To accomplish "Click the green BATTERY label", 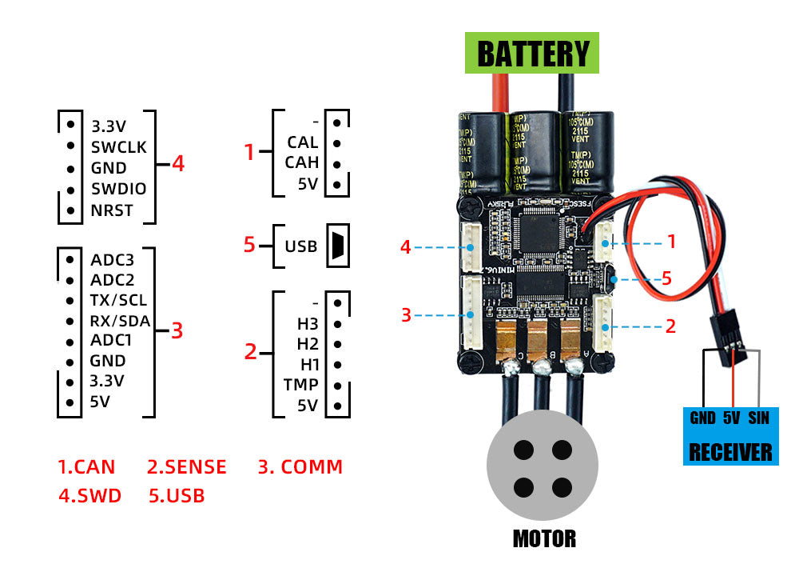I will (x=532, y=54).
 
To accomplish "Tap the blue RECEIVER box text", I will (x=730, y=452).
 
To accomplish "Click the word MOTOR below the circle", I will (x=543, y=538).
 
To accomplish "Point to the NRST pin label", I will (x=112, y=211).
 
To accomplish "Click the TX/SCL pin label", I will (x=118, y=300).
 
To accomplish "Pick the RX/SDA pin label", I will (x=120, y=321).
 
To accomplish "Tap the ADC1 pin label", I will (x=111, y=341).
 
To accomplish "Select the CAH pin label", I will (x=302, y=162).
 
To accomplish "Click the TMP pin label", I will (x=301, y=385).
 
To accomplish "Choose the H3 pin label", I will (x=307, y=323).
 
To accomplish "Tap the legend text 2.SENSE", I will (x=187, y=466).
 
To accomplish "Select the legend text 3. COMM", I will (x=300, y=466).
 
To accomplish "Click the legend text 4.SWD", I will (x=89, y=495).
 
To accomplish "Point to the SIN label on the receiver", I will (x=758, y=418).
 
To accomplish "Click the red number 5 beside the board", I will (x=667, y=279).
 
